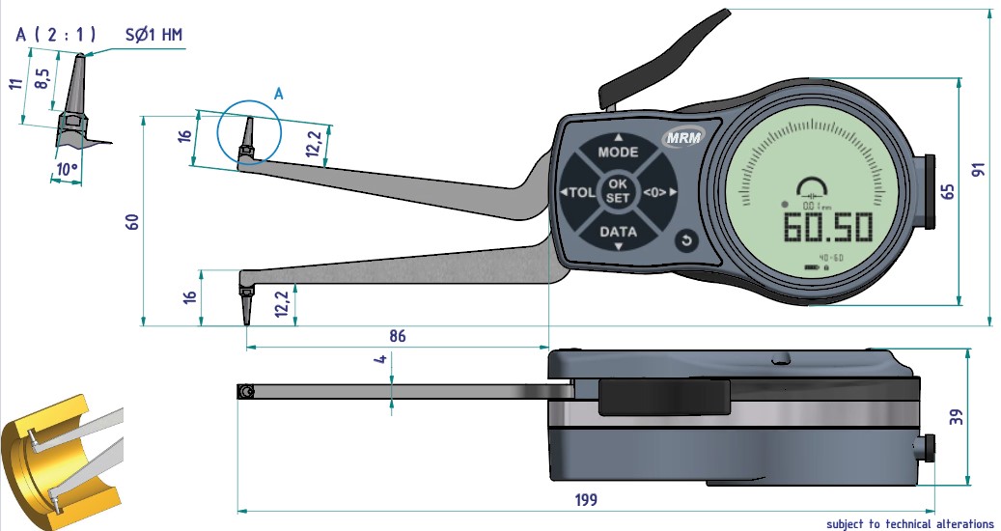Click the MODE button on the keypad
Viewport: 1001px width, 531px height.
[618, 152]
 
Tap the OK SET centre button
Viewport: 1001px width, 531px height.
[618, 190]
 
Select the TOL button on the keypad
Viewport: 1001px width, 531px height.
[579, 192]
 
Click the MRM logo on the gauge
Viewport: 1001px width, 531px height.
[682, 138]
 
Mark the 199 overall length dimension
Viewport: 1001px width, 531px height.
[584, 500]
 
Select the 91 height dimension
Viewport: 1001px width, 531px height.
[978, 169]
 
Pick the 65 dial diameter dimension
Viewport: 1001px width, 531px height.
[947, 190]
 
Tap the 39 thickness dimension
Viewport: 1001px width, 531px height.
[957, 417]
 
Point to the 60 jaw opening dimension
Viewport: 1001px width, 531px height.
[133, 221]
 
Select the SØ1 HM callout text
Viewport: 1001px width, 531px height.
[153, 35]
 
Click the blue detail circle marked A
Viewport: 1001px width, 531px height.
[248, 132]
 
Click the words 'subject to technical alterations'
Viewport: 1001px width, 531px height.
[909, 523]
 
